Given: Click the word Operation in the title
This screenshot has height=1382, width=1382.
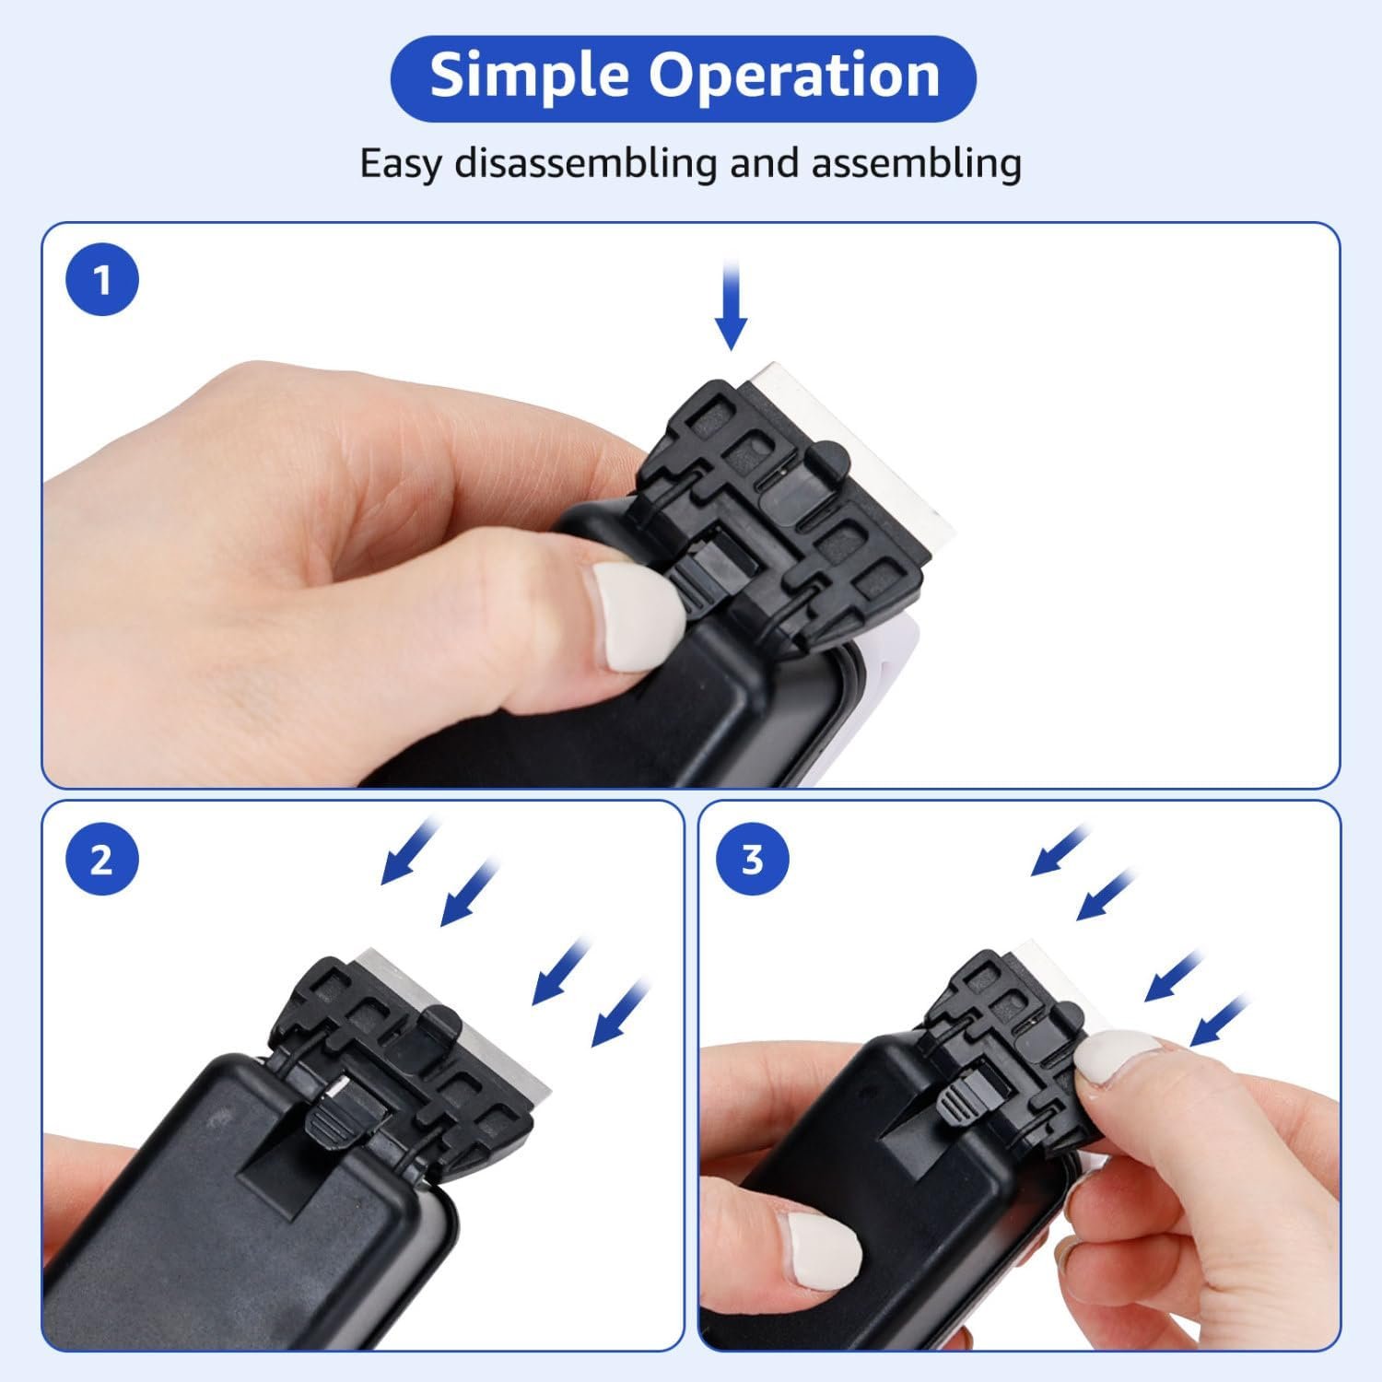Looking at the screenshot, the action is point(795,76).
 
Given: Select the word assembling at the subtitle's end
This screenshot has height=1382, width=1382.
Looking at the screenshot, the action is point(916,165).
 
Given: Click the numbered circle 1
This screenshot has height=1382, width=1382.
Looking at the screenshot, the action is point(102,279).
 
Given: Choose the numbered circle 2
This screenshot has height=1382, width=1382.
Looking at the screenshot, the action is point(102,860).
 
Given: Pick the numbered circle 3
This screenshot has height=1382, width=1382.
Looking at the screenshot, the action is point(753,860).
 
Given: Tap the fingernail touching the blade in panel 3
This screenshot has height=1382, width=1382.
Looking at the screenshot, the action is point(1116,1059).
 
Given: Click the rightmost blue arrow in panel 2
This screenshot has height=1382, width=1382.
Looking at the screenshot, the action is point(622,1013).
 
